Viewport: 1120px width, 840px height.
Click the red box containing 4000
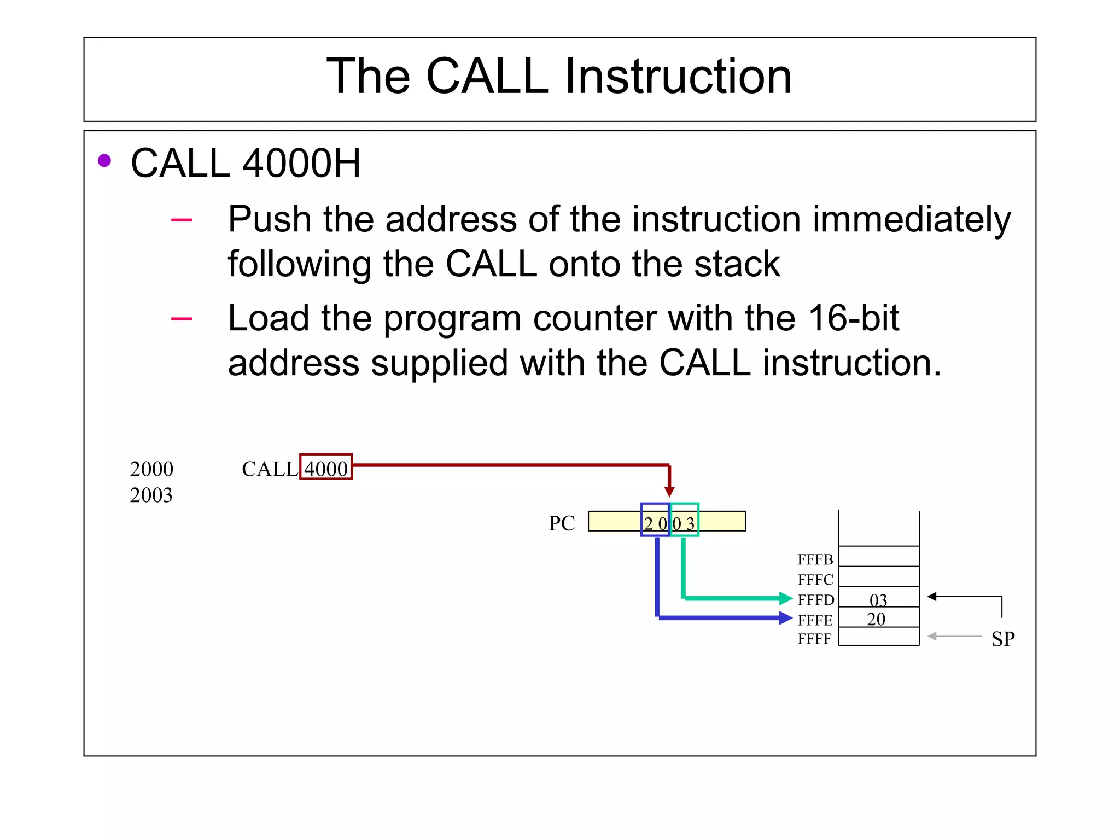click(x=326, y=468)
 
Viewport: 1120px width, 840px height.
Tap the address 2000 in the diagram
click(x=151, y=469)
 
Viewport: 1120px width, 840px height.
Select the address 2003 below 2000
click(x=151, y=495)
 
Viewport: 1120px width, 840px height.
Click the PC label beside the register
click(x=562, y=523)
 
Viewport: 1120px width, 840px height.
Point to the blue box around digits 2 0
click(x=655, y=520)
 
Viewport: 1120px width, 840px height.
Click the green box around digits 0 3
click(x=685, y=520)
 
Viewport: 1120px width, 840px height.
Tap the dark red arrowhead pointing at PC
click(x=669, y=491)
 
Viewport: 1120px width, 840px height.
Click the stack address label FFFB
click(x=815, y=559)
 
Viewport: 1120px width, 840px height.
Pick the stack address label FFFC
click(x=815, y=580)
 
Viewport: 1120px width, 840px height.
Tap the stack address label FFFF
click(x=814, y=639)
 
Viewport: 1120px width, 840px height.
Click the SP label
click(x=1003, y=639)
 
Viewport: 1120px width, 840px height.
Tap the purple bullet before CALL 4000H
click(x=104, y=161)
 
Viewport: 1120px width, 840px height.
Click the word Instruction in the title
click(x=678, y=77)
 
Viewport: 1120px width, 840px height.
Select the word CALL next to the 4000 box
click(x=270, y=469)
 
